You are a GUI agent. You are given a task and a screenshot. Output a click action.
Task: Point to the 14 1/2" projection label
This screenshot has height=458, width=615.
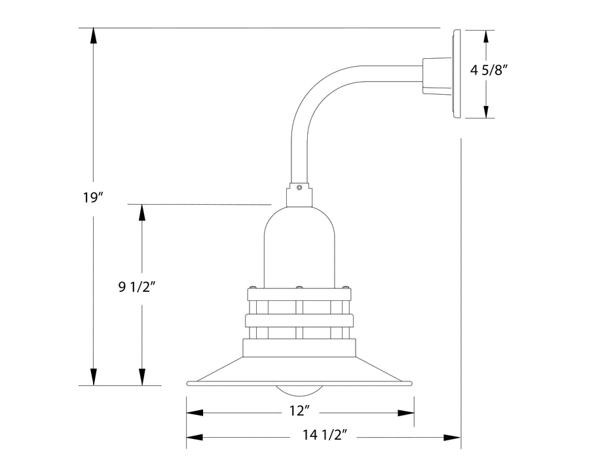324,434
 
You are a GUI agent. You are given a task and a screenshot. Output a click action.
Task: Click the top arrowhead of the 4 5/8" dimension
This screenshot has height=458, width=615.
485,37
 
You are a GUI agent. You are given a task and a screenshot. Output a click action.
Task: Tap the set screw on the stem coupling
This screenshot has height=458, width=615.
299,188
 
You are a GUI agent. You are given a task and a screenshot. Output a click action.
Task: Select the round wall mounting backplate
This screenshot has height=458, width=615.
457,73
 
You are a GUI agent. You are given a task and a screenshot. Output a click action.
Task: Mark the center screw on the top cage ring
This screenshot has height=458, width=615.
299,287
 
